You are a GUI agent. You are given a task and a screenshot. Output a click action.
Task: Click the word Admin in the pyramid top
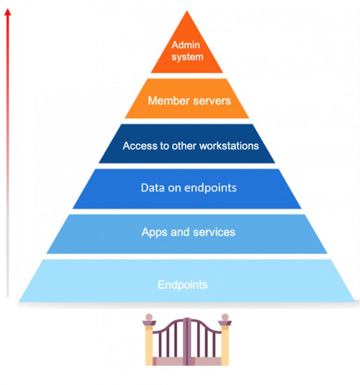click(186, 45)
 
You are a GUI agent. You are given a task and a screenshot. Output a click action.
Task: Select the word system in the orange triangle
click(188, 57)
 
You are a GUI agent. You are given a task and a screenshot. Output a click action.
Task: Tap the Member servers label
click(189, 101)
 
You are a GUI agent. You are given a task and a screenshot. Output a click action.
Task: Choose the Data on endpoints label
click(189, 188)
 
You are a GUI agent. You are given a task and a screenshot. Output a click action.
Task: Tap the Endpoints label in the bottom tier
click(182, 285)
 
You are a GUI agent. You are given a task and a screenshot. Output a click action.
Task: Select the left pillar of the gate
click(149, 344)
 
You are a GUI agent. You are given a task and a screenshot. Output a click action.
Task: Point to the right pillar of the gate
click(225, 344)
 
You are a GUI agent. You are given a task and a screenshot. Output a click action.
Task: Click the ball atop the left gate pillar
click(149, 317)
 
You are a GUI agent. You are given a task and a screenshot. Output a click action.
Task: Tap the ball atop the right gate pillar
click(225, 317)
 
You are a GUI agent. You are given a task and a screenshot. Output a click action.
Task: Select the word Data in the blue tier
click(152, 188)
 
